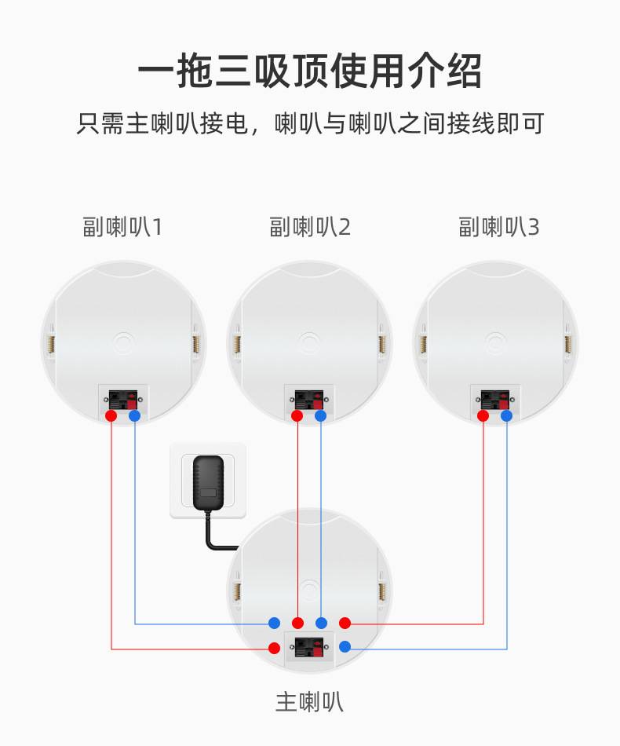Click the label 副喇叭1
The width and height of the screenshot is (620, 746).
point(122,226)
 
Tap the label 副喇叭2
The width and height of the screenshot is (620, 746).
point(309,226)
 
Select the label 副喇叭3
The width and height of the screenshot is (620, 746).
point(499,226)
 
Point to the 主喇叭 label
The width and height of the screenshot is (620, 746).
point(309,702)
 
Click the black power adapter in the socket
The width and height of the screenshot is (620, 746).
point(209,484)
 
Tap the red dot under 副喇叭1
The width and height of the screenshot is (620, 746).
point(111,416)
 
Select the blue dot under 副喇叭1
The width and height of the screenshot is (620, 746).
point(134,416)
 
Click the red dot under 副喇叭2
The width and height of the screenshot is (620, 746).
point(297,416)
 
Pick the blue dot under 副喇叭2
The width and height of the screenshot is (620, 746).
point(321,416)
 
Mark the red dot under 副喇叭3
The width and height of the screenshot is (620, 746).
point(483,416)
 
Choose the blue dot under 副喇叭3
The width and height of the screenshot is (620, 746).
point(507,416)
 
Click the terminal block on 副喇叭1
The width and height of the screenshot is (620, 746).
point(123,400)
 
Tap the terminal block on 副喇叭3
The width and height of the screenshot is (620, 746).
point(495,400)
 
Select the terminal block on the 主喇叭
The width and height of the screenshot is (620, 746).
point(309,647)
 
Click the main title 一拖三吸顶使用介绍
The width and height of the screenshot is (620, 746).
point(309,71)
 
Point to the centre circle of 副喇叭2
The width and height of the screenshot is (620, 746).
point(309,343)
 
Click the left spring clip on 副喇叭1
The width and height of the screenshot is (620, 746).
point(51,343)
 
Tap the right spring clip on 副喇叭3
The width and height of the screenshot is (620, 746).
point(567,343)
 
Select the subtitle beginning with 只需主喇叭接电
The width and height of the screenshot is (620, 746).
point(310,124)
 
